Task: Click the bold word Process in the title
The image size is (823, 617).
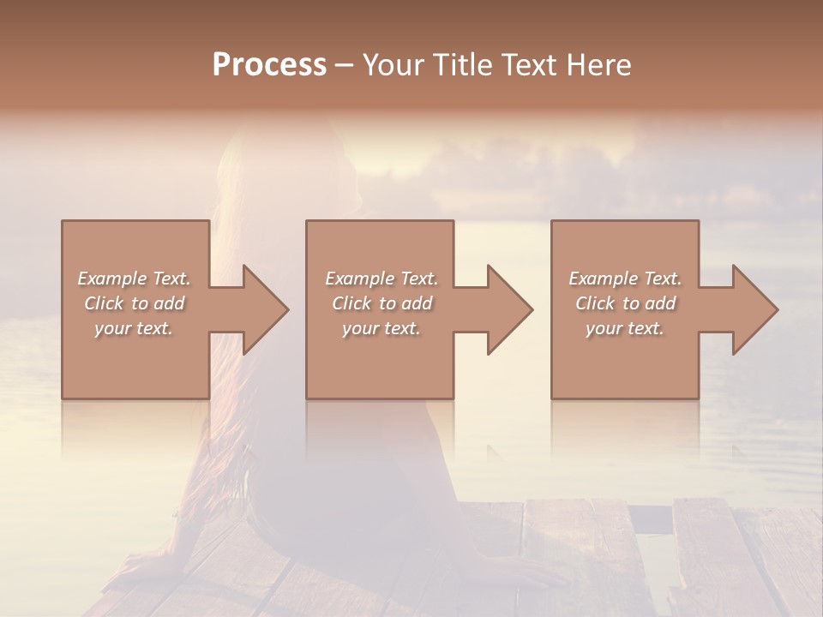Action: (269, 65)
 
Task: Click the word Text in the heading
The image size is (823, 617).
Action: (531, 65)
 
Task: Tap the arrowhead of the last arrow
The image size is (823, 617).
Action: (754, 309)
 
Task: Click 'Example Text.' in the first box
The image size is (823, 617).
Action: (134, 279)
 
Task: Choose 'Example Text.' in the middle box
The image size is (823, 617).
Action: (381, 279)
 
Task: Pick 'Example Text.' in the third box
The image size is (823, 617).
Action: (625, 279)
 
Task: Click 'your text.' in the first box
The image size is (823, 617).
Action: (134, 328)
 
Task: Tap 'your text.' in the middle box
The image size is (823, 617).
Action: (381, 328)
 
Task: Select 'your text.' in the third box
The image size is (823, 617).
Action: (625, 328)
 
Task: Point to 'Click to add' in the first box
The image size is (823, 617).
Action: (134, 303)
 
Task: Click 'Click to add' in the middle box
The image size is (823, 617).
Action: (381, 303)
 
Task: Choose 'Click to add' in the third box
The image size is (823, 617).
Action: (625, 303)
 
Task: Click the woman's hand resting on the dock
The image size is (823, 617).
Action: (523, 572)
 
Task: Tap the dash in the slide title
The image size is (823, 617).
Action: (344, 66)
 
